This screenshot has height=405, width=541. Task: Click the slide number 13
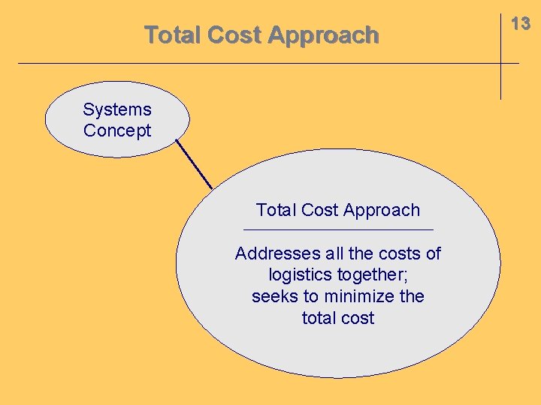point(521,24)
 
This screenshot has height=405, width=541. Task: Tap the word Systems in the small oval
point(117,109)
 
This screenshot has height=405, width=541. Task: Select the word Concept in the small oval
point(117,130)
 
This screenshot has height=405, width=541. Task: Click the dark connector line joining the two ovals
point(195,164)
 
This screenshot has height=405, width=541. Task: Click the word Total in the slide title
point(172,35)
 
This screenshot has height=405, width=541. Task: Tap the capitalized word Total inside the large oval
point(277,210)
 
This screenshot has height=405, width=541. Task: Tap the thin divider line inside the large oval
point(338,229)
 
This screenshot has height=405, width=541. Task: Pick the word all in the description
point(336,253)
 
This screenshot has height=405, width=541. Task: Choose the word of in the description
point(433,253)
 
